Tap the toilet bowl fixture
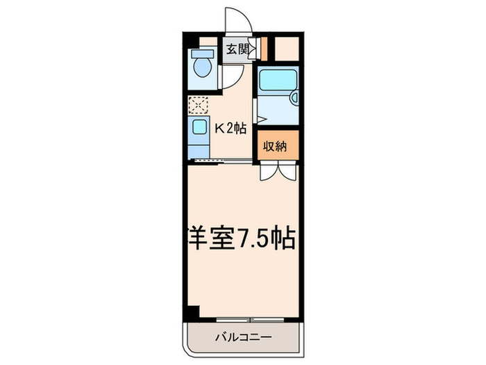[203, 68]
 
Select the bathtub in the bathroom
[277, 82]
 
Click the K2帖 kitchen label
[230, 128]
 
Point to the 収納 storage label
[276, 146]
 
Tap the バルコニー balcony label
[243, 338]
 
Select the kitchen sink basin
[199, 128]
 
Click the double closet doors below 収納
[276, 171]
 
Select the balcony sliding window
[250, 319]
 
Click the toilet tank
[203, 53]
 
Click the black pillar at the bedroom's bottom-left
[192, 312]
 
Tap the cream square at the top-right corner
[287, 48]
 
